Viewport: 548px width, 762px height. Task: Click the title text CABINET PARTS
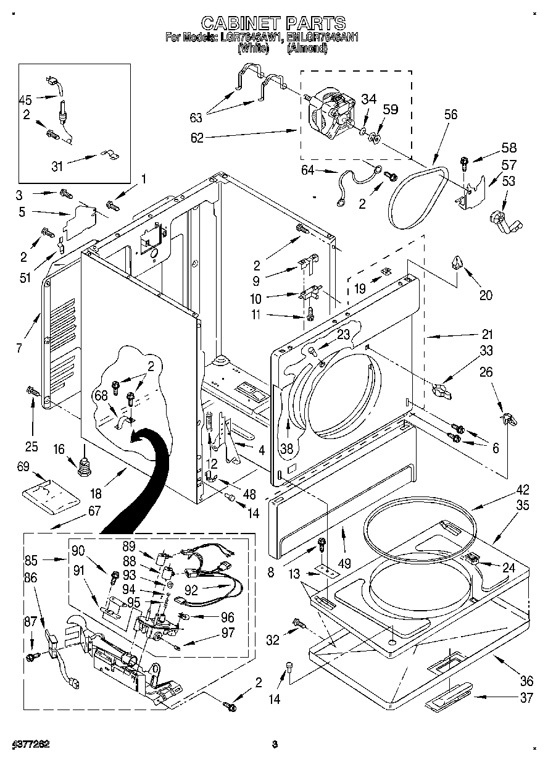(x=273, y=23)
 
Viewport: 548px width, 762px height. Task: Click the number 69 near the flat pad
(x=23, y=468)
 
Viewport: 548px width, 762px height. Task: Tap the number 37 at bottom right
(x=526, y=698)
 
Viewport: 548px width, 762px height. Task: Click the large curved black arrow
(x=140, y=475)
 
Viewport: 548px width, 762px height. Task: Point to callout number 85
(x=31, y=561)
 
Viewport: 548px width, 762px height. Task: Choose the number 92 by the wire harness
(x=191, y=590)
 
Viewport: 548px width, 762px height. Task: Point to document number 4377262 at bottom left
(x=30, y=744)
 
